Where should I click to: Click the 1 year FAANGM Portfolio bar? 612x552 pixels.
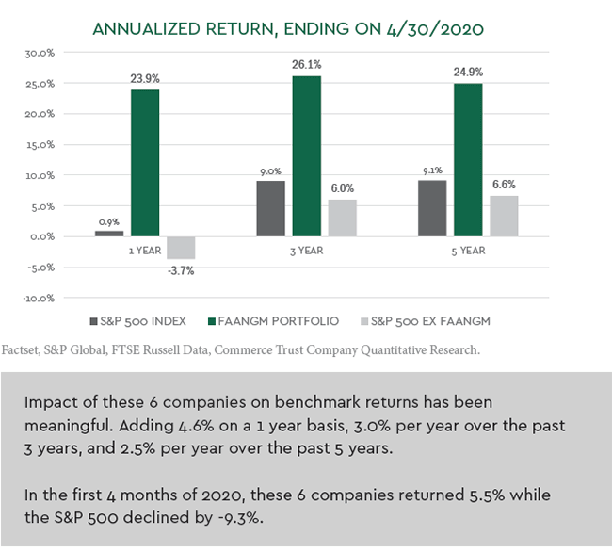pos(145,163)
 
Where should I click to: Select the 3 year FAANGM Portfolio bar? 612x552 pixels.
pos(307,156)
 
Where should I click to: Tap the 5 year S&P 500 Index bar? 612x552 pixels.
pos(432,208)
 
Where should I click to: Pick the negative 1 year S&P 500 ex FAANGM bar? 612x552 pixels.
pos(181,248)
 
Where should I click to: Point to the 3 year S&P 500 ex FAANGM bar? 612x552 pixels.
pos(343,218)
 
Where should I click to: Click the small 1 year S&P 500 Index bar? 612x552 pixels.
pos(109,233)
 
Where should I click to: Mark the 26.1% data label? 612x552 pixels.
pos(307,65)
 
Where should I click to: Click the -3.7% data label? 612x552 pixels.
pos(181,270)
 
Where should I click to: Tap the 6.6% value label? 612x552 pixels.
pos(504,185)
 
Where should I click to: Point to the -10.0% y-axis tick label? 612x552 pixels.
pos(38,298)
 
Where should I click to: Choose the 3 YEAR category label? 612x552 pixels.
pos(307,252)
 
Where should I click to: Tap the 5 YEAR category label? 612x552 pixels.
pos(468,252)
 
